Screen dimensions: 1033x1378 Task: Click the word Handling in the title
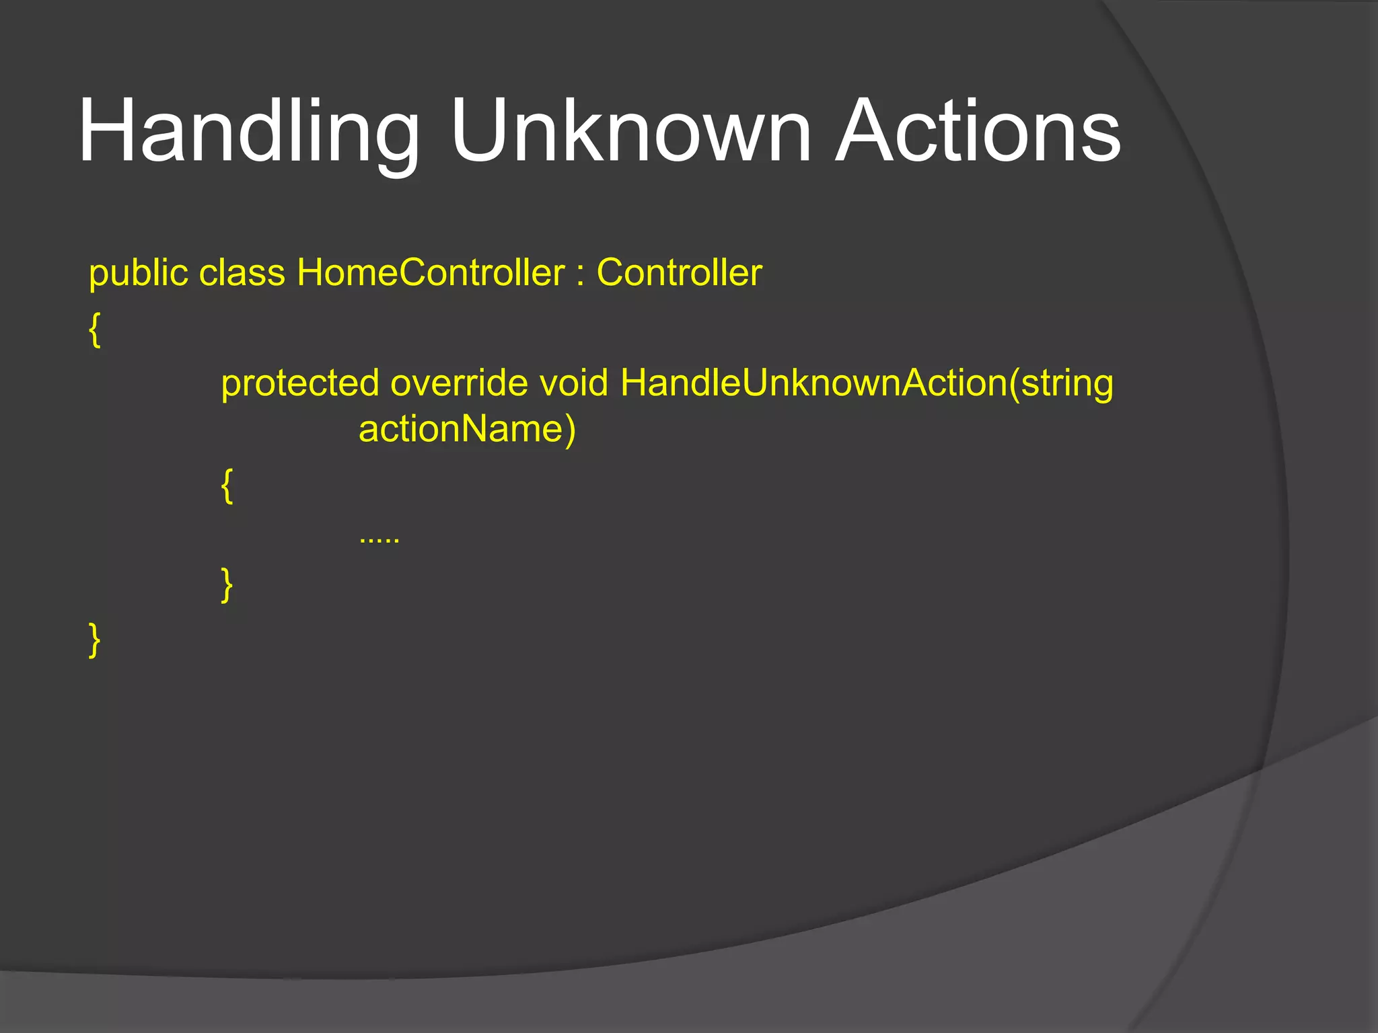pyautogui.click(x=249, y=131)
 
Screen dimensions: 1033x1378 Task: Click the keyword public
pyautogui.click(x=139, y=274)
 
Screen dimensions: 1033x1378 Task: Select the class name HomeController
pyautogui.click(x=431, y=273)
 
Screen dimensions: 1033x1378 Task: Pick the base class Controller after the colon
pyautogui.click(x=679, y=273)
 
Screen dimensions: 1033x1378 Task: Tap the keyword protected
pyautogui.click(x=300, y=384)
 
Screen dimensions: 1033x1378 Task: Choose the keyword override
pyautogui.click(x=459, y=383)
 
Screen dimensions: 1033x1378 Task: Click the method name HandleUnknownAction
pyautogui.click(x=814, y=383)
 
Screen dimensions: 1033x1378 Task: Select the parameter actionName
pyautogui.click(x=461, y=429)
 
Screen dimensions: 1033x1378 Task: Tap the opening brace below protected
pyautogui.click(x=227, y=486)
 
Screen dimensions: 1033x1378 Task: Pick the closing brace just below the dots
pyautogui.click(x=227, y=584)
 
